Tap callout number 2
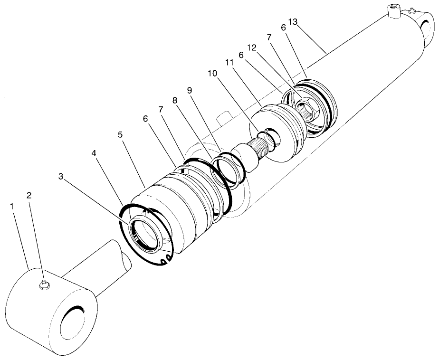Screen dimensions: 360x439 click(x=29, y=195)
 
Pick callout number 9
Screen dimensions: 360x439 click(x=190, y=90)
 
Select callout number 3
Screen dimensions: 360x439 click(x=61, y=177)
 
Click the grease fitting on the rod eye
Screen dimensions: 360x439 click(x=44, y=284)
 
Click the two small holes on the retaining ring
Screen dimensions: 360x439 click(x=164, y=259)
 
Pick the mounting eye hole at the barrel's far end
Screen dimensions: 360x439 click(x=430, y=27)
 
